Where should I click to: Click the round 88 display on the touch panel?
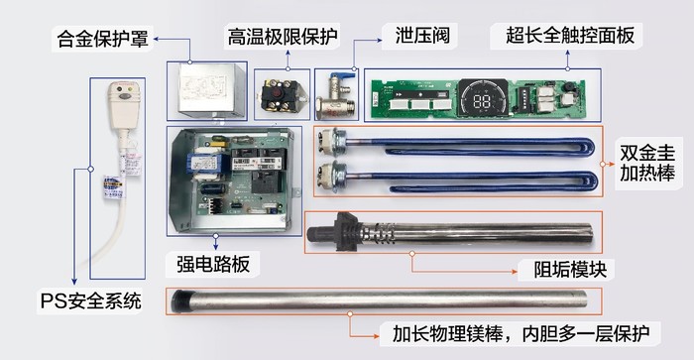point(486,99)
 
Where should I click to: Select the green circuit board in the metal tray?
point(239,176)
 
